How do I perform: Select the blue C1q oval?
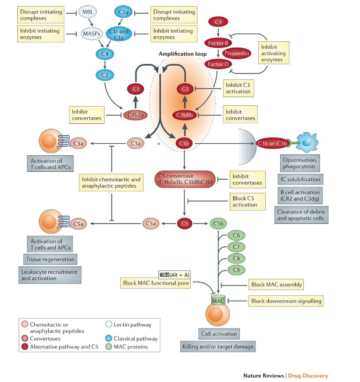click(123, 12)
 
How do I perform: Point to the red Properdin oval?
click(237, 53)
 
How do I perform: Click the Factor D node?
click(218, 64)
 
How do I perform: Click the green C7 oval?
click(236, 247)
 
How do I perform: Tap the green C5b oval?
click(219, 224)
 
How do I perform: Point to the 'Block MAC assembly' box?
click(277, 285)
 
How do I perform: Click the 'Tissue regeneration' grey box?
click(50, 259)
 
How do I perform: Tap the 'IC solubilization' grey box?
click(301, 179)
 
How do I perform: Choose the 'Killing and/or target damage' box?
click(218, 346)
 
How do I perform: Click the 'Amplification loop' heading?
click(183, 54)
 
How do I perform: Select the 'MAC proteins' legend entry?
click(131, 347)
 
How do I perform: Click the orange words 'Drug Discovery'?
click(308, 375)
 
